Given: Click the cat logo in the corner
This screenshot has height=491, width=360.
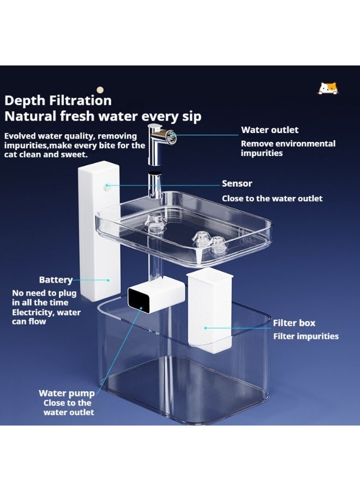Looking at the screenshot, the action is point(328,88).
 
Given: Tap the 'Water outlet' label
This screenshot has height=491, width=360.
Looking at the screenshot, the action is point(269,130).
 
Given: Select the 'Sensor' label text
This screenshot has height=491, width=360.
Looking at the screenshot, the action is point(237,183).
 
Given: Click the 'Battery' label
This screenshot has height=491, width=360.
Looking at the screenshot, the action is point(56,280).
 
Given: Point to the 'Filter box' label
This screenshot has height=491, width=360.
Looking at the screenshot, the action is point(294,323).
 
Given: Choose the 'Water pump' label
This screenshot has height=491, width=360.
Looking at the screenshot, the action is point(67,393).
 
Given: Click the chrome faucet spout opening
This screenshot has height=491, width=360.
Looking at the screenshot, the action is point(172,137).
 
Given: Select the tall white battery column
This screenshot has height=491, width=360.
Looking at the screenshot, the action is point(99,231).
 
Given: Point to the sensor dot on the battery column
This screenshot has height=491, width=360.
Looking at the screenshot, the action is point(107,185).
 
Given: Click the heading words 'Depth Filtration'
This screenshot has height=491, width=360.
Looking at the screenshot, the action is point(58,100).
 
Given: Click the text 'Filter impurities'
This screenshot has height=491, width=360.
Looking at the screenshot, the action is point(306,336).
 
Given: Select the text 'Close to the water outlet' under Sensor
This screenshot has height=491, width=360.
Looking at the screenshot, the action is point(272,199).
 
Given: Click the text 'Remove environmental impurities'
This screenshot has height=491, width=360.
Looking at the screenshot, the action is point(288,148).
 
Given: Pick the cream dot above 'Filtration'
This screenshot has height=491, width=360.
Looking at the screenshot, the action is point(100,90).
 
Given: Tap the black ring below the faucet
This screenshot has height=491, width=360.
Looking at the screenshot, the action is point(155,172).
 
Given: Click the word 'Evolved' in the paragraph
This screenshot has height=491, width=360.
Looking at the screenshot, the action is point(20,136).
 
